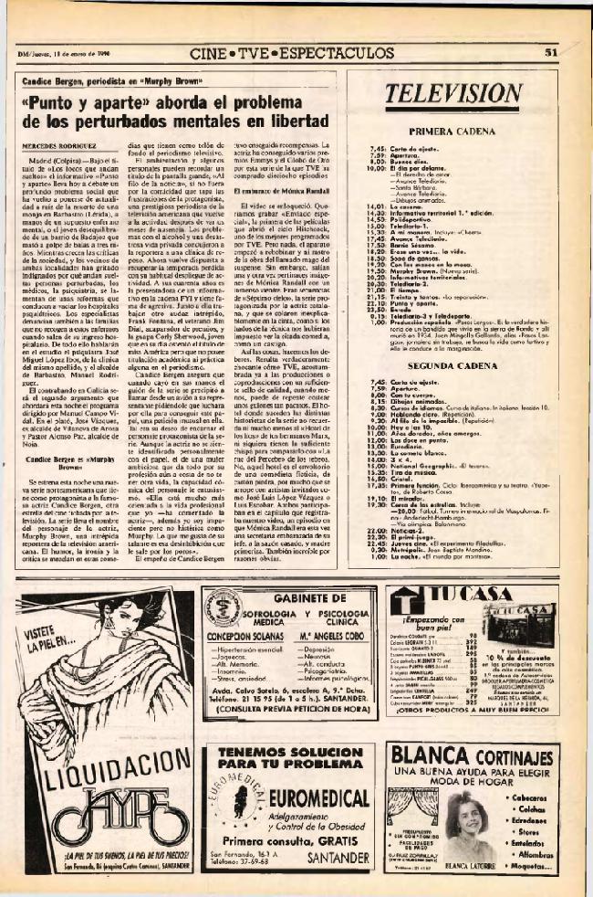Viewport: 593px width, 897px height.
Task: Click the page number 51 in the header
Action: pyautogui.click(x=550, y=53)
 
